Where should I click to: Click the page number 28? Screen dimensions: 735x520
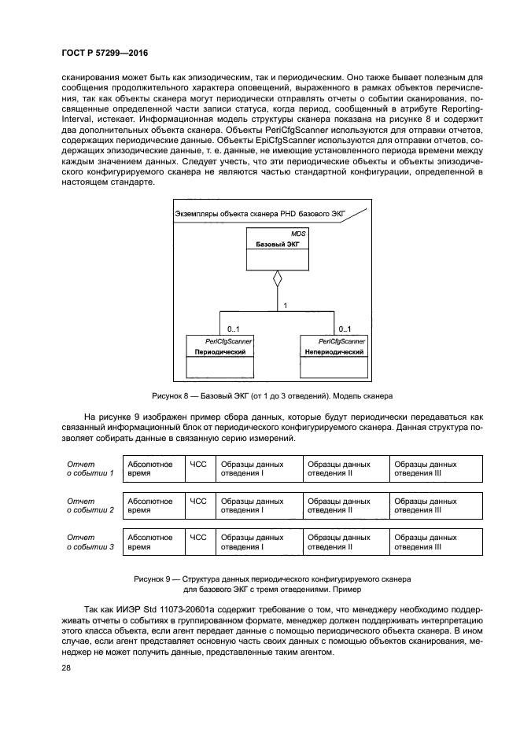tap(65, 667)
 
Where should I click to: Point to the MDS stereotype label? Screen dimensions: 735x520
tap(299, 234)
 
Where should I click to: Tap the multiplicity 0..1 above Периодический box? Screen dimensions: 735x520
tap(234, 329)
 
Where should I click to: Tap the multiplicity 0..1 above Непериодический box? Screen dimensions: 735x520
tap(345, 329)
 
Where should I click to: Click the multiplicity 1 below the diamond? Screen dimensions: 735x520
tap(284, 304)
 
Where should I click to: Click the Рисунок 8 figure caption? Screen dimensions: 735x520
tap(271, 395)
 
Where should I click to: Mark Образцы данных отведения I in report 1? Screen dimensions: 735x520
tap(258, 469)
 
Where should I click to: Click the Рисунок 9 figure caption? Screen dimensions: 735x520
tap(271, 582)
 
